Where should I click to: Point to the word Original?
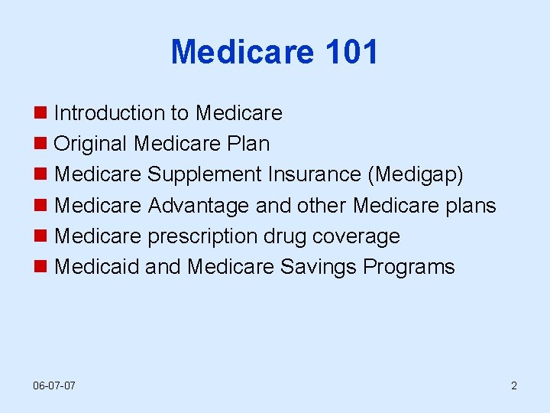point(91,144)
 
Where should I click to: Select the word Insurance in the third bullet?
point(314,174)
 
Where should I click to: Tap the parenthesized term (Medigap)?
point(416,174)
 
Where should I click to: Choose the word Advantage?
point(198,206)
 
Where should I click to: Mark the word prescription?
point(202,236)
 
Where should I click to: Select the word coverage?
point(359,236)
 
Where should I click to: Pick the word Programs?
point(409,267)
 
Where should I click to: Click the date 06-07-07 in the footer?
point(54,385)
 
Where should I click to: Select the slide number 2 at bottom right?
point(514,385)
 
